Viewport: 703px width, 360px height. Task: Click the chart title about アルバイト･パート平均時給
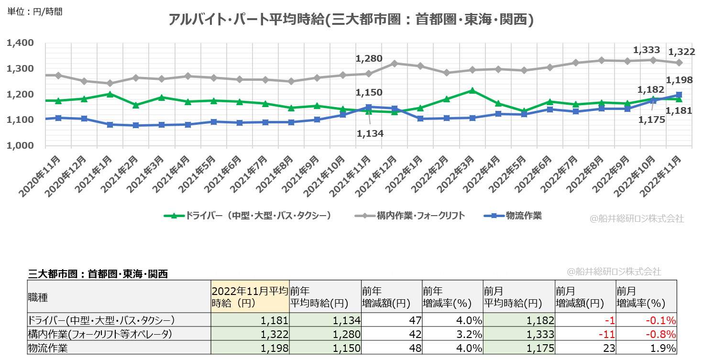351,20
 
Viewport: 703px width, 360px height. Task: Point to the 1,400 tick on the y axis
20,43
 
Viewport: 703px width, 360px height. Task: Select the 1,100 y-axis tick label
20,120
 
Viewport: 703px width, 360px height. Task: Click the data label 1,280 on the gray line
369,59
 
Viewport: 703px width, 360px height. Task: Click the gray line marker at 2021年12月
395,63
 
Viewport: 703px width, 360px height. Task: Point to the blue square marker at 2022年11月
679,95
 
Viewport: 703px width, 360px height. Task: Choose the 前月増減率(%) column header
646,297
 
